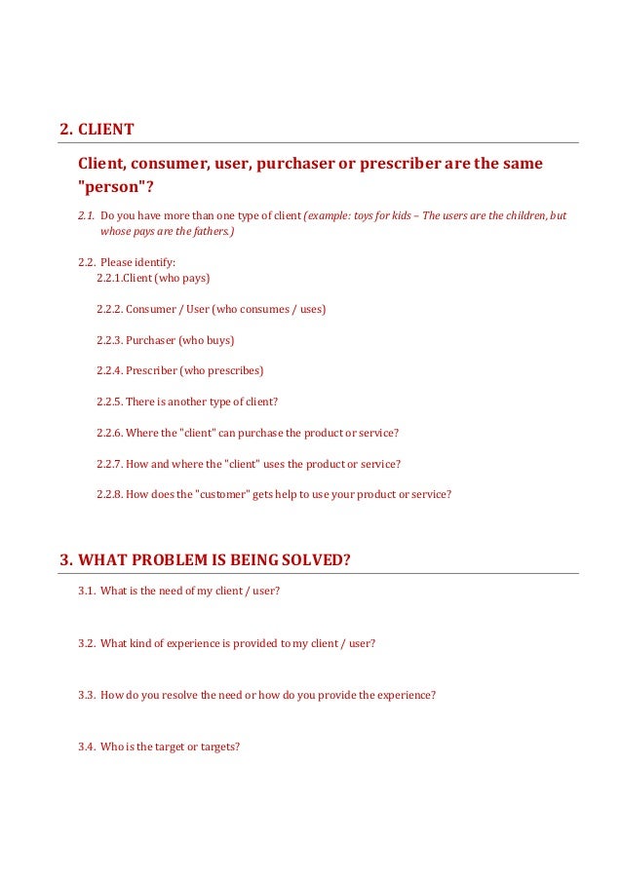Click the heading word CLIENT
point(106,130)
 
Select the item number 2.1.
point(86,215)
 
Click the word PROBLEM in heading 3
point(170,559)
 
